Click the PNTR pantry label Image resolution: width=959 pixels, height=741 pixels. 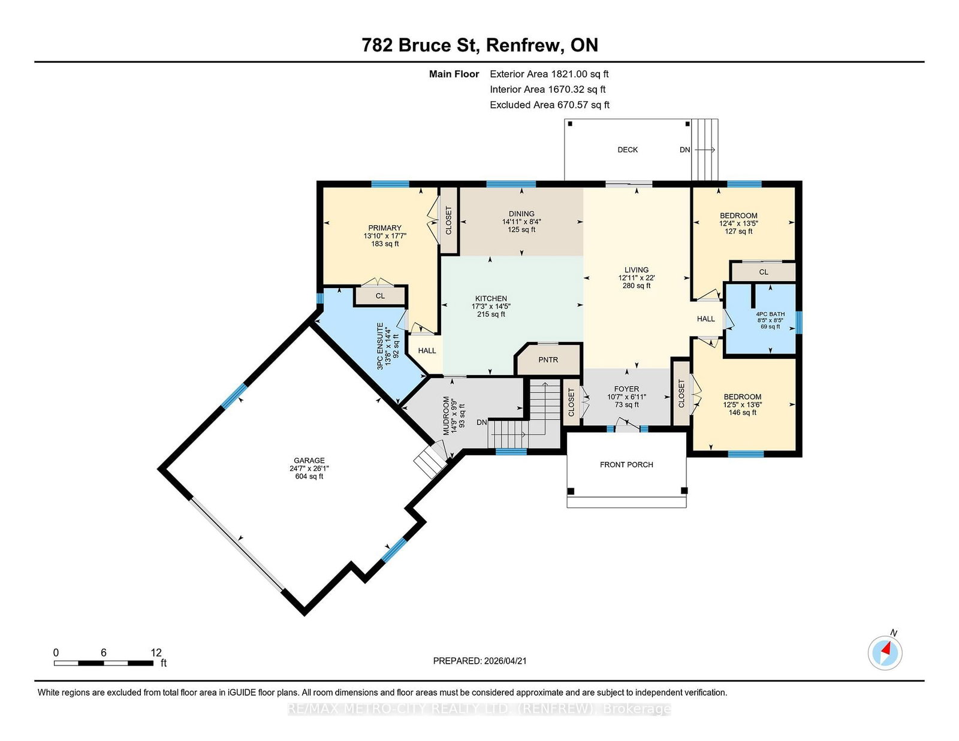click(x=548, y=360)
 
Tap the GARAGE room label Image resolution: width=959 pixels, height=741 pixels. click(x=309, y=461)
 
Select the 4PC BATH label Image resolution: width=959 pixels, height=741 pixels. click(x=770, y=314)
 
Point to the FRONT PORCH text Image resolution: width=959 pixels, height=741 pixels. click(x=626, y=464)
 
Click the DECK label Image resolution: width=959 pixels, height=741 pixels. click(x=628, y=150)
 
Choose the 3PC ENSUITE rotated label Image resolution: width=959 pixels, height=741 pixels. click(x=380, y=346)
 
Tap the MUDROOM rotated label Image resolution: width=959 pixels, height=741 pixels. click(x=446, y=416)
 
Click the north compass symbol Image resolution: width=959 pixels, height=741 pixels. click(x=885, y=653)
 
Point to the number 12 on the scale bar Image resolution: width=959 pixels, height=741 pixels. click(x=156, y=653)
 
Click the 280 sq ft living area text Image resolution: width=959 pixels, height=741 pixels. click(x=637, y=286)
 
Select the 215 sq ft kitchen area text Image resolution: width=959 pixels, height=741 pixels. click(x=491, y=314)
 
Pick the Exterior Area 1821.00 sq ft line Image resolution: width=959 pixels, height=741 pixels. click(x=549, y=74)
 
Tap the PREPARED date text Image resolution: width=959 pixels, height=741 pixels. click(x=479, y=661)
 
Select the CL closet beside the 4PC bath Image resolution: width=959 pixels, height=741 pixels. click(x=764, y=272)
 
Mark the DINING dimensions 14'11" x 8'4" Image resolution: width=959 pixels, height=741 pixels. click(x=521, y=222)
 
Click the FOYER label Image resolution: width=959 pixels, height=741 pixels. click(x=626, y=389)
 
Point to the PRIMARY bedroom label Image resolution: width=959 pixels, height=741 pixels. click(x=385, y=228)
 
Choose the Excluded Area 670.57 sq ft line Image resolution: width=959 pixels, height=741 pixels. click(x=550, y=105)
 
